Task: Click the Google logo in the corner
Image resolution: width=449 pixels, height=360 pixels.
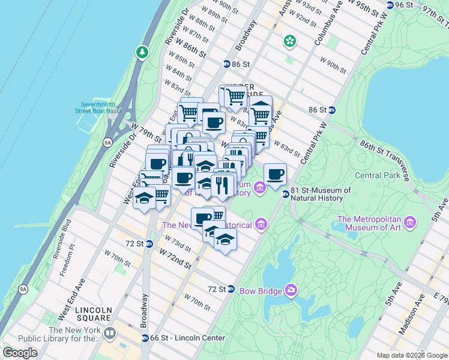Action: pyautogui.click(x=20, y=353)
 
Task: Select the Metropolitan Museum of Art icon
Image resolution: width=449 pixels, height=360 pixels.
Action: pyautogui.click(x=410, y=223)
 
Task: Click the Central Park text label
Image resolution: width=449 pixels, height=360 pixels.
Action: pyautogui.click(x=376, y=176)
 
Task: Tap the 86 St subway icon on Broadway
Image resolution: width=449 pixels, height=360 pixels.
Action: pyautogui.click(x=227, y=64)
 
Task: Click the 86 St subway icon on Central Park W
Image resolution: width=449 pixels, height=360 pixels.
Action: pyautogui.click(x=331, y=110)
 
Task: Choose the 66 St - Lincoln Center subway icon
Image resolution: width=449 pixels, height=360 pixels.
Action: pyautogui.click(x=145, y=338)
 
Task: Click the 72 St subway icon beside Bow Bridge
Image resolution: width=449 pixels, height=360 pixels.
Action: pyautogui.click(x=231, y=289)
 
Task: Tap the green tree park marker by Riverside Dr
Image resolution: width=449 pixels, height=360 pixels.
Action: pyautogui.click(x=142, y=52)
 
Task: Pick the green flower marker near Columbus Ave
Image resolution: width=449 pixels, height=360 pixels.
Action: pyautogui.click(x=291, y=41)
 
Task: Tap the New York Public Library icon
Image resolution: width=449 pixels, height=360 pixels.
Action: pyautogui.click(x=109, y=332)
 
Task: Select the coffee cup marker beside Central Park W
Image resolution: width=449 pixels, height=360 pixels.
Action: pyautogui.click(x=275, y=175)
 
